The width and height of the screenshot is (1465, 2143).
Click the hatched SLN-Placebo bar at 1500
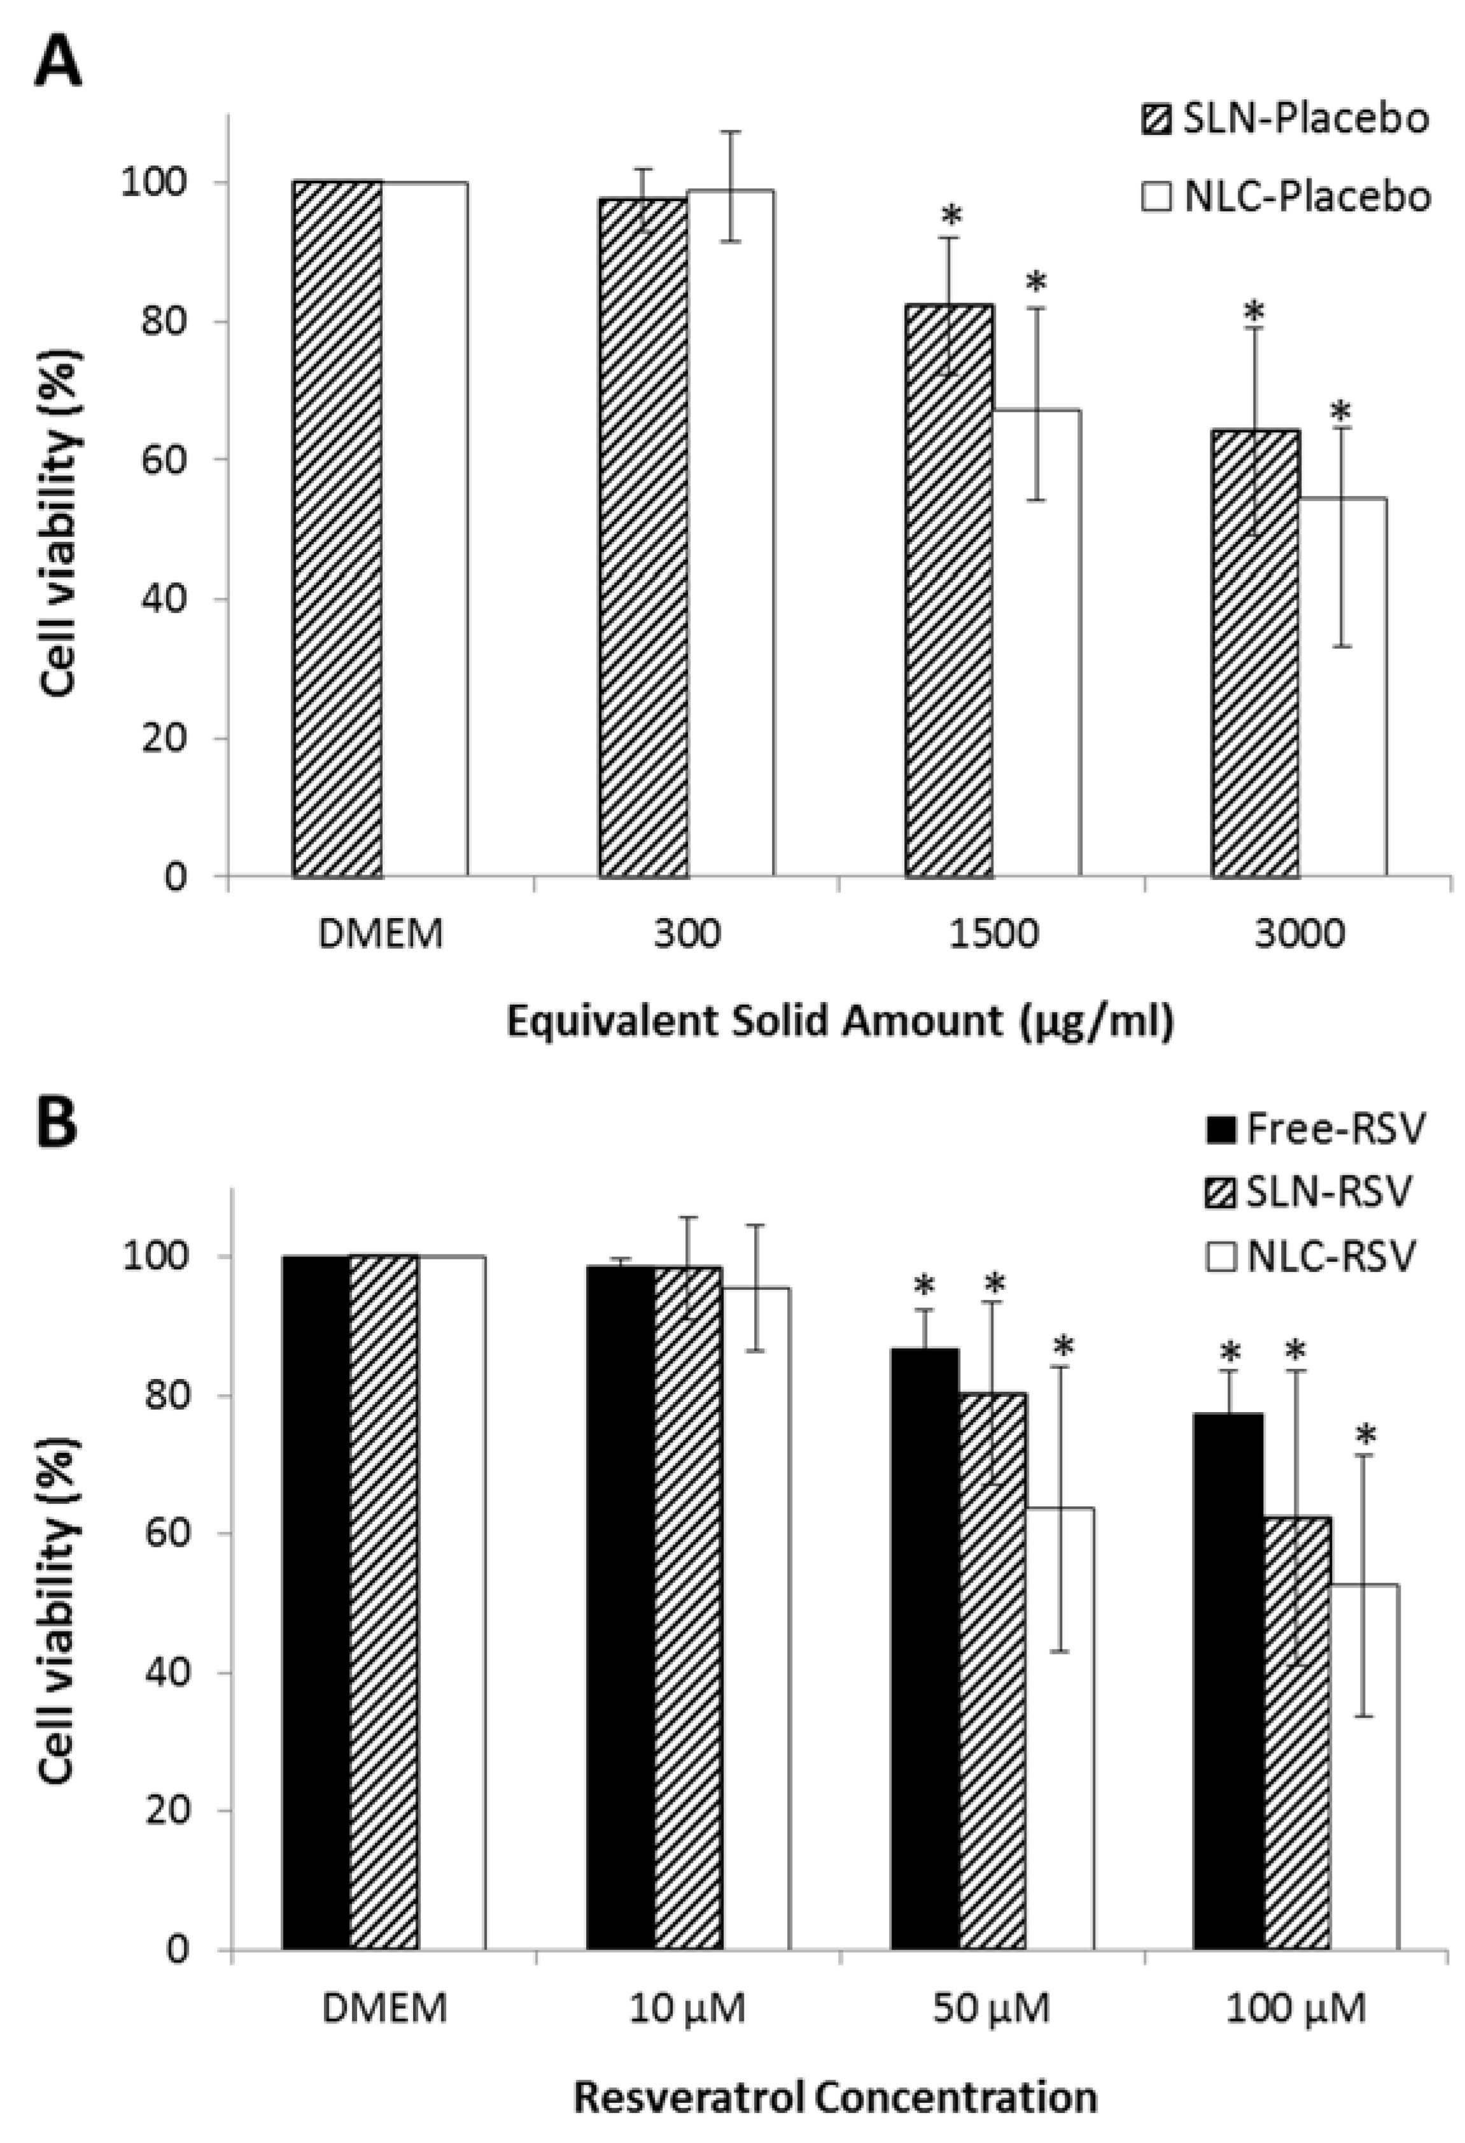949,590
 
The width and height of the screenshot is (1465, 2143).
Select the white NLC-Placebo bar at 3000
1342,687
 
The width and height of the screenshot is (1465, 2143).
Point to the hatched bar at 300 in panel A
643,535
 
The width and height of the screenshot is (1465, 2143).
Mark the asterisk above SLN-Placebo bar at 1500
951,216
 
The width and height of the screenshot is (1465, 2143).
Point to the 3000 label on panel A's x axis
1297,936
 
